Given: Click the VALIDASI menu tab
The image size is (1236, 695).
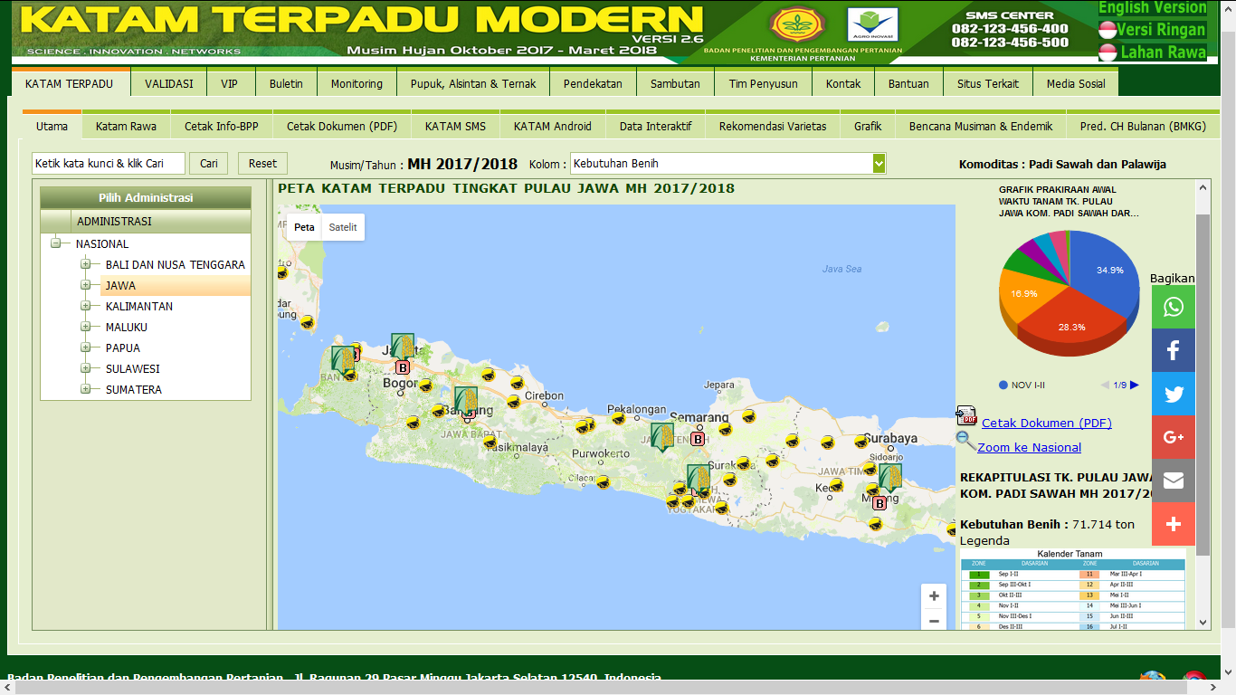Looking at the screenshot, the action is (169, 84).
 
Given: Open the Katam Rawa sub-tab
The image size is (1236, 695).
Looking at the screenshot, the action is (126, 127).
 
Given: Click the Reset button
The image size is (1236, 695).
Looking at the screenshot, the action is (262, 164).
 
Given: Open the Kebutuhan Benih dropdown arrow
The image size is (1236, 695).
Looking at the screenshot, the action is (879, 164).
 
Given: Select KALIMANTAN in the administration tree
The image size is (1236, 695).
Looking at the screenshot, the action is (138, 307).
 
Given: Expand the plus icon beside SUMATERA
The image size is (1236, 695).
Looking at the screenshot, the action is (86, 390).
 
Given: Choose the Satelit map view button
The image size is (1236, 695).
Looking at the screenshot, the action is (343, 227).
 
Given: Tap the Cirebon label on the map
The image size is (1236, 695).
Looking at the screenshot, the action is (544, 395).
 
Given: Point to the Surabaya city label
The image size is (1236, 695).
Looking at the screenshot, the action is (890, 439).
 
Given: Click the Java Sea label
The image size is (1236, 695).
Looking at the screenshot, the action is (841, 269).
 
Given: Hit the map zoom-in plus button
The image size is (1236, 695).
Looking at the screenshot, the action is (934, 596).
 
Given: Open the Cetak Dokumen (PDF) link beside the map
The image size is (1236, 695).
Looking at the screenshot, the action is (1046, 423).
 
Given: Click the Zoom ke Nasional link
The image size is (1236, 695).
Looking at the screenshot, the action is (1029, 447).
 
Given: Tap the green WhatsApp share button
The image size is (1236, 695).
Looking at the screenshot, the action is (1174, 307).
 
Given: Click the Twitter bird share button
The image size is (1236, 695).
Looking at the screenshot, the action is (1174, 394).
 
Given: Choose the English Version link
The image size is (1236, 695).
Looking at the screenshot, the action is (1152, 8).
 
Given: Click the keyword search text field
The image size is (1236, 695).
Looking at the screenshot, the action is (109, 164).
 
